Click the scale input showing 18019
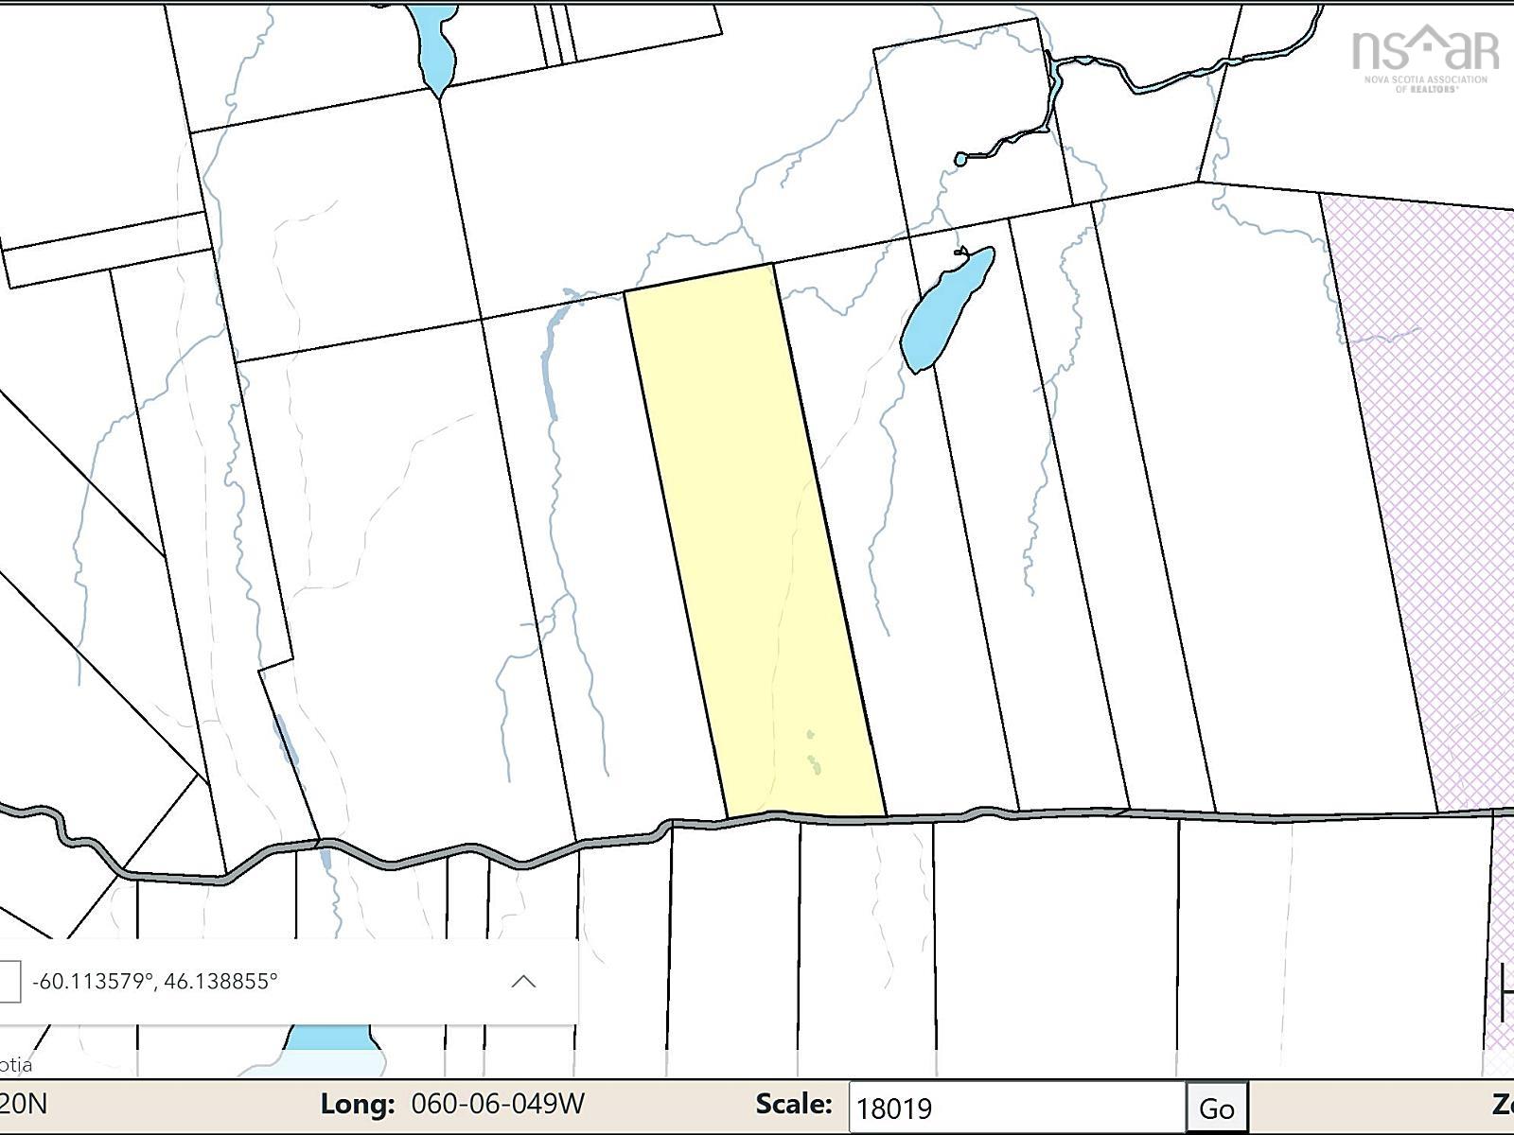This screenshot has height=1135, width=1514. pos(1017,1108)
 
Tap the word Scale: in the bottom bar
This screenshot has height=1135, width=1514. pos(794,1104)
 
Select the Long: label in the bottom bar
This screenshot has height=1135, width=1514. pos(357,1104)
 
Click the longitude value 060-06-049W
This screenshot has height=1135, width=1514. pos(498,1104)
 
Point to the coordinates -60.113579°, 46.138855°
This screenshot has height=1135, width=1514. pos(155,981)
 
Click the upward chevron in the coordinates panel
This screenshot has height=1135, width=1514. pos(523,981)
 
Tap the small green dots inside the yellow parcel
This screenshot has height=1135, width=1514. pos(814,757)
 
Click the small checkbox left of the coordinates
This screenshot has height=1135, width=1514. pos(9,981)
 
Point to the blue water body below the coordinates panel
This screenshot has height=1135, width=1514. pos(331,1040)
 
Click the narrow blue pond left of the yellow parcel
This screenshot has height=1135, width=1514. pos(547,369)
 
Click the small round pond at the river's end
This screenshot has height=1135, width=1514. pos(960,159)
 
